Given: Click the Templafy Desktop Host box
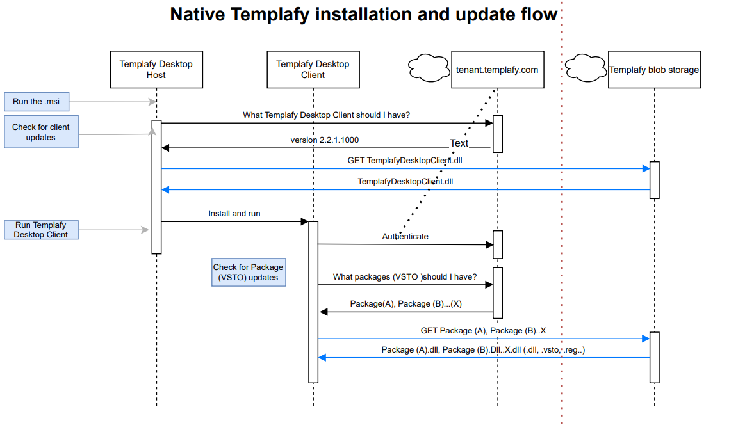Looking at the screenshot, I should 156,69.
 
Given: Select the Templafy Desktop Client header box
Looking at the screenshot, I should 313,69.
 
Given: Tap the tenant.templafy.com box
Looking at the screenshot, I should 497,69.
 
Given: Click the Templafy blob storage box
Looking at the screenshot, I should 654,69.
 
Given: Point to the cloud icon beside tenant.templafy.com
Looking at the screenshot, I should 429,65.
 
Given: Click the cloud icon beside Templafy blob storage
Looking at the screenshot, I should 586,65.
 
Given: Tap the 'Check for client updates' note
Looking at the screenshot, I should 41,132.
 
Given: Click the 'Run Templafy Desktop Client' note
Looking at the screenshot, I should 41,230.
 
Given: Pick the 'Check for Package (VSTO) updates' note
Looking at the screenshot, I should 249,273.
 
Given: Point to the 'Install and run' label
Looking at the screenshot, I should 234,213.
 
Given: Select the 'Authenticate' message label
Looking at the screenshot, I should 405,236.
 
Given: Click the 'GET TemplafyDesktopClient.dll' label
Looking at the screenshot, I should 405,160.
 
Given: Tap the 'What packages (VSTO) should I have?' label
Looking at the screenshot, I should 405,277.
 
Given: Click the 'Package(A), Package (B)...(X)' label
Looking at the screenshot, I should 405,303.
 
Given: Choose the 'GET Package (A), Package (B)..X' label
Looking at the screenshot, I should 483,330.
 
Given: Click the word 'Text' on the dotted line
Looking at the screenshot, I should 459,143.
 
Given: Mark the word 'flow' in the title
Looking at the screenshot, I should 539,15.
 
